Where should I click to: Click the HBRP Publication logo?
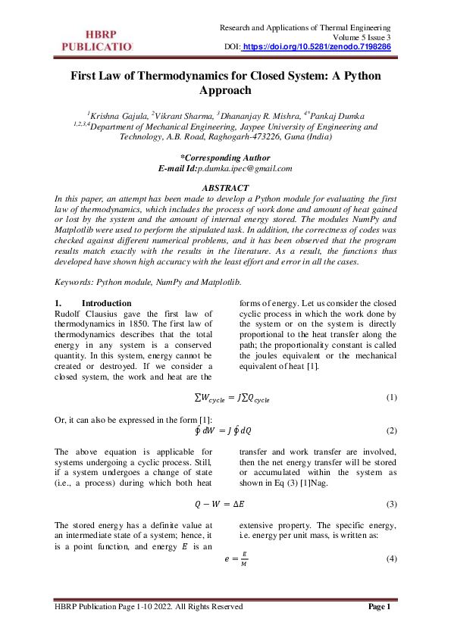(x=96, y=41)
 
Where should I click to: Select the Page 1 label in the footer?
(x=379, y=606)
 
